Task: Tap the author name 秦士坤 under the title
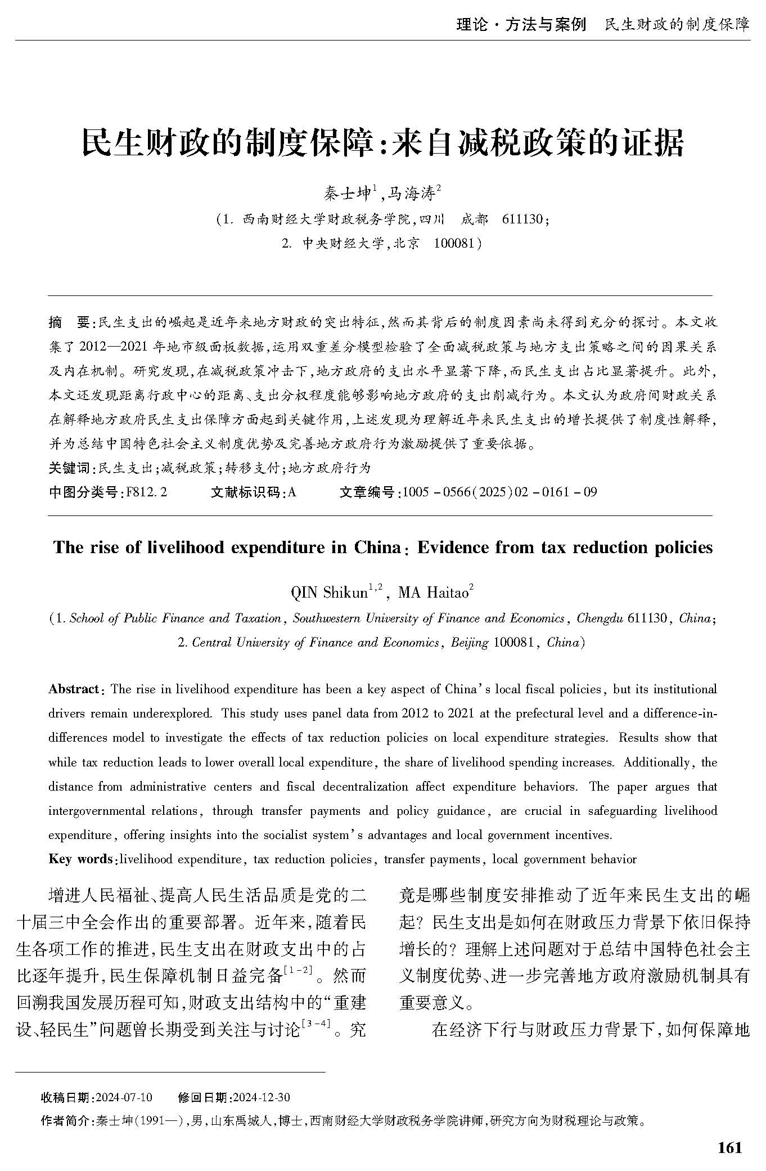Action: point(346,194)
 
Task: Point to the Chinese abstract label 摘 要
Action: point(69,322)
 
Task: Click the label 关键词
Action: point(69,468)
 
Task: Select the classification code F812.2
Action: point(147,492)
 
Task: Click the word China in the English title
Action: point(377,548)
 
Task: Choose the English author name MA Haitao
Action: point(433,593)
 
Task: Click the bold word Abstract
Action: point(73,689)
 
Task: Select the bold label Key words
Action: point(80,859)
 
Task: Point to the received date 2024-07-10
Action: point(124,1098)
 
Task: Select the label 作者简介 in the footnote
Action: point(65,1121)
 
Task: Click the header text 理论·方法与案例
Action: point(521,25)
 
